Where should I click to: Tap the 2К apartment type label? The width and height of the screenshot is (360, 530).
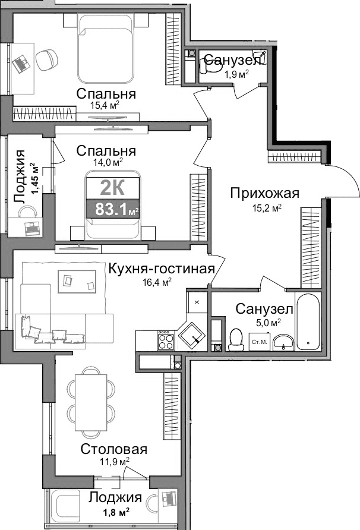pyautogui.click(x=112, y=187)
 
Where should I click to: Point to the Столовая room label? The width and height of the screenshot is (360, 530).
pyautogui.click(x=114, y=449)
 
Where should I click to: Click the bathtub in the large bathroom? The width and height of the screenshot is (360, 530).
pyautogui.click(x=308, y=321)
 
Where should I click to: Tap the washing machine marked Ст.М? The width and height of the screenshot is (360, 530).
pyautogui.click(x=259, y=342)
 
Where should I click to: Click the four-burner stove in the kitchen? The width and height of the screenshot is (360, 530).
pyautogui.click(x=165, y=341)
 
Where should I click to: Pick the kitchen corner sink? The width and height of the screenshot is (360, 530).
pyautogui.click(x=192, y=335)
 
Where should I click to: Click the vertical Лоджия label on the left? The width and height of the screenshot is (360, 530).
pyautogui.click(x=22, y=177)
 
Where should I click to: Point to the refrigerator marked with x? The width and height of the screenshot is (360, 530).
pyautogui.click(x=197, y=302)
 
